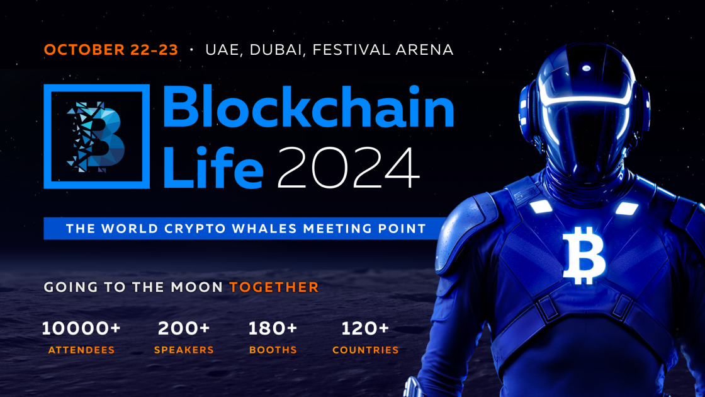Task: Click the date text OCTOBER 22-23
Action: pos(111,50)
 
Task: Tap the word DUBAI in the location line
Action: pos(277,50)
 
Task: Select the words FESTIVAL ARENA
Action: pos(383,50)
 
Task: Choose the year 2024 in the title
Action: pos(348,167)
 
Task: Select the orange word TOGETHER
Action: pos(274,287)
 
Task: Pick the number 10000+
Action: pos(81,328)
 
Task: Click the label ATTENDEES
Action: pos(81,350)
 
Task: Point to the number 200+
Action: pos(184,328)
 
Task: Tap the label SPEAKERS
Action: pos(184,350)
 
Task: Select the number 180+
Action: pos(273,328)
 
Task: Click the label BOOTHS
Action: pos(273,350)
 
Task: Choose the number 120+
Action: pos(365,328)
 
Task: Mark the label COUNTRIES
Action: pos(365,350)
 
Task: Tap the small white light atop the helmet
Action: pos(586,68)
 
